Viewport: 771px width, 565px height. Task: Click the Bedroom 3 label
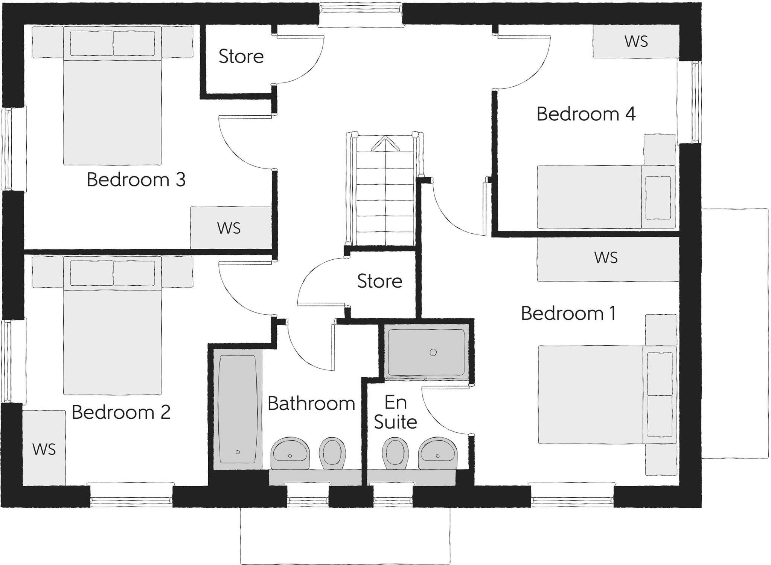pos(136,179)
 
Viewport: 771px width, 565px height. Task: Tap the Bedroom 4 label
pos(586,114)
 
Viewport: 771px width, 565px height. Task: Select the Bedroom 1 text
pos(568,313)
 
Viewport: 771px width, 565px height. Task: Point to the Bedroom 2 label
pos(121,412)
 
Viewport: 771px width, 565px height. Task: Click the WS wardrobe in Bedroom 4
pos(636,41)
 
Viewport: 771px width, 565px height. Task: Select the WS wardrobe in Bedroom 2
pos(44,449)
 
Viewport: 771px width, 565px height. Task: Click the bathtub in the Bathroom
pos(238,409)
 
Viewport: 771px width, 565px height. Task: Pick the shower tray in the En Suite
pos(426,352)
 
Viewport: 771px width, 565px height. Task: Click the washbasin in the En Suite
pos(439,452)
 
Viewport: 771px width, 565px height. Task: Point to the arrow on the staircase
pos(385,144)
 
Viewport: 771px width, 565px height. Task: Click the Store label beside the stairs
pos(379,281)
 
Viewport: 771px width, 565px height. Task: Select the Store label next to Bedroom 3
pos(241,57)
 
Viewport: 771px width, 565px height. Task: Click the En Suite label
pos(395,412)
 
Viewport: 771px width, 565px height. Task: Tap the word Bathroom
pos(311,404)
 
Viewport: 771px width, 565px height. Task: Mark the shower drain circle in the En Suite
pos(433,352)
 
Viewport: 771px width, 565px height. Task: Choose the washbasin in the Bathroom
pos(290,452)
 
